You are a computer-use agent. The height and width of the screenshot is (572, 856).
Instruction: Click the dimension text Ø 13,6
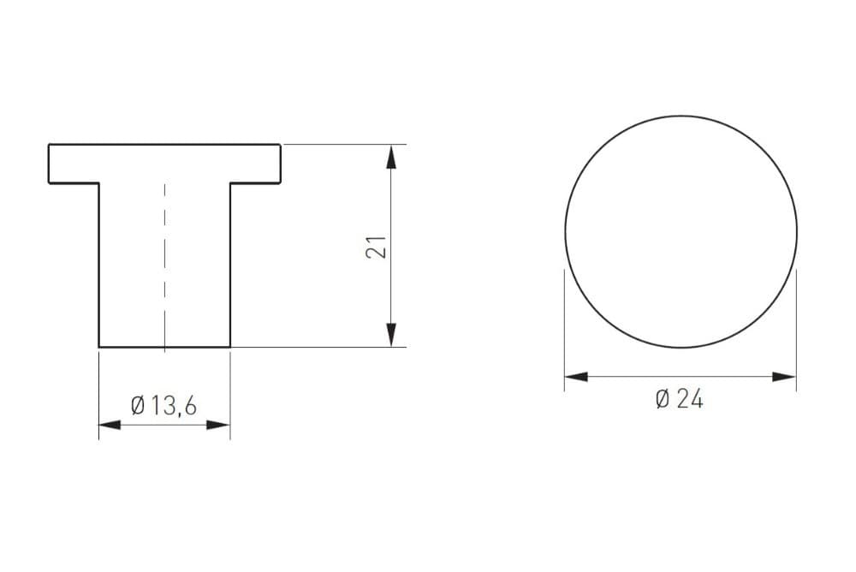point(163,406)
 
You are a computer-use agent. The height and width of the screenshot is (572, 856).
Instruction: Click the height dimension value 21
point(377,247)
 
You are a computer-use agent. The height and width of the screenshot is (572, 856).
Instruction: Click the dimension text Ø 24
point(679,399)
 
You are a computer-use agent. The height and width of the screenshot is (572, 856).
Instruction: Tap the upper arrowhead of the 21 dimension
point(391,157)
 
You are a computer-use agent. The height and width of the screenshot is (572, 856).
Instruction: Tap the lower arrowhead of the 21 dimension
point(391,334)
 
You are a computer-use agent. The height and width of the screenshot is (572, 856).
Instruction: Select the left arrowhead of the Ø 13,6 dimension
point(110,425)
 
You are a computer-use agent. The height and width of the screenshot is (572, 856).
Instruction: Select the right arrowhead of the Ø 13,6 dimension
point(218,425)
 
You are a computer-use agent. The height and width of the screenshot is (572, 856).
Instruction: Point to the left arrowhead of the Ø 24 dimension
point(576,377)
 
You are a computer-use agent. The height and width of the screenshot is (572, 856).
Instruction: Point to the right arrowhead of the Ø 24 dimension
point(784,377)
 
